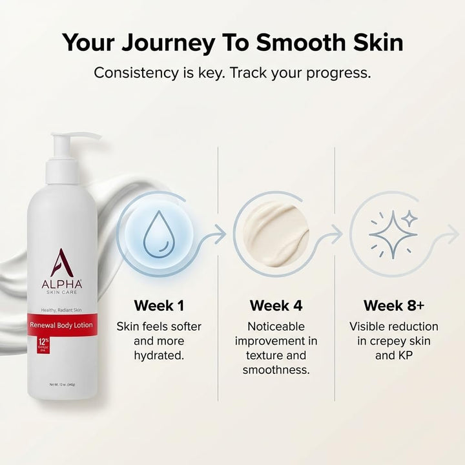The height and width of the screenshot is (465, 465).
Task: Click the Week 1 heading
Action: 159,305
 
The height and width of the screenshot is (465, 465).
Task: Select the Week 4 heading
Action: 276,305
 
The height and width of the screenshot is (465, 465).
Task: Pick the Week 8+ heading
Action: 393,305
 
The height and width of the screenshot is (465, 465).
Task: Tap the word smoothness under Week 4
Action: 276,370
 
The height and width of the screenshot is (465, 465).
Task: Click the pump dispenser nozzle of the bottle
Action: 81,137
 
